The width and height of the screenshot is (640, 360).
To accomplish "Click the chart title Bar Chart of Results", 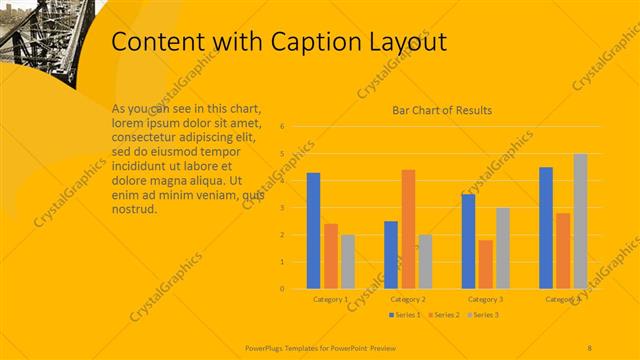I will (441, 111).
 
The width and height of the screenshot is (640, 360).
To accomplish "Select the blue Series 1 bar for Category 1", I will (313, 231).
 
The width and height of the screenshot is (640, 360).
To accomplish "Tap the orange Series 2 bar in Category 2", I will (408, 229).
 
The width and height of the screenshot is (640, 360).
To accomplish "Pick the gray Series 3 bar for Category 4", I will (580, 221).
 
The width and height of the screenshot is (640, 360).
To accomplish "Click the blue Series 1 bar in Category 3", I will (468, 241).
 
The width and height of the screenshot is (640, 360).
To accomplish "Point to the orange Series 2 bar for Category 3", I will (485, 264).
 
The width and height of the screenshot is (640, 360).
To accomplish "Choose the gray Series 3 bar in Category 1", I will (347, 261).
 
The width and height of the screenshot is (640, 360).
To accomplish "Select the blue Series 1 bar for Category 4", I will (546, 228).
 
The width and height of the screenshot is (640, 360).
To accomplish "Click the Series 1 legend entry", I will (405, 315).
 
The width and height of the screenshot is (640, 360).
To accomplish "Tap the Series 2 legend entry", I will (444, 315).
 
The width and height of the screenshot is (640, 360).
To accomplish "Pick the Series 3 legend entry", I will (483, 315).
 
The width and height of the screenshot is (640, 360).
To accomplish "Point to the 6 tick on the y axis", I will (283, 127).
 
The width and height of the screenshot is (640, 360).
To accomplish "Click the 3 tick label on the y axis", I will (283, 208).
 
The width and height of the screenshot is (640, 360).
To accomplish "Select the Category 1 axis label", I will (330, 299).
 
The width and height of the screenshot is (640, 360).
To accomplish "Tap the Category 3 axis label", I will (485, 299).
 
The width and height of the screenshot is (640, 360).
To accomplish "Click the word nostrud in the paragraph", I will (134, 209).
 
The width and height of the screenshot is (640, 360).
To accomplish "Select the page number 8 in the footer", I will (590, 346).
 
